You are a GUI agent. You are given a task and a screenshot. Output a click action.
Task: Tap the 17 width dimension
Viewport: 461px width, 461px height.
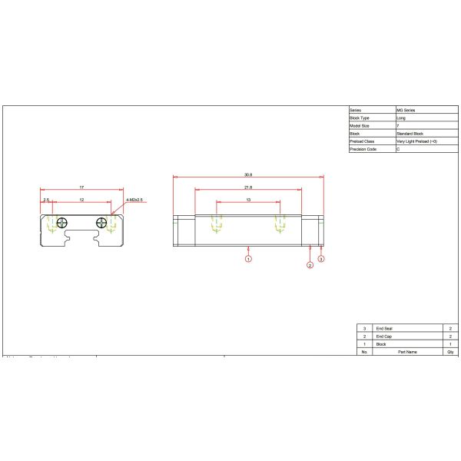81,187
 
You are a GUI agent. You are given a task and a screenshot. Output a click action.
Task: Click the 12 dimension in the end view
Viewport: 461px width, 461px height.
81,200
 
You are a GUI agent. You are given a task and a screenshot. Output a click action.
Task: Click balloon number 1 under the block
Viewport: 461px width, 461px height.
248,260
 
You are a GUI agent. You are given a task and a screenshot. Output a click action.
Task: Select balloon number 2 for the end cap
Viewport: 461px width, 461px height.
310,266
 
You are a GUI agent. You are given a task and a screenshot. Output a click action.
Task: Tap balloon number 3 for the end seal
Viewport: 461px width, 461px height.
321,260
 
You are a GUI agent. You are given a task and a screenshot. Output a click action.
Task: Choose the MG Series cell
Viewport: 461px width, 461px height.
405,111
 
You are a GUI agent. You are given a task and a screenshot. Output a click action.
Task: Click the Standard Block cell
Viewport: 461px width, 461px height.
409,134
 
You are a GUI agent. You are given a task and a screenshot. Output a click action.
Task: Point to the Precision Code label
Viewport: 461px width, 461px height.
364,149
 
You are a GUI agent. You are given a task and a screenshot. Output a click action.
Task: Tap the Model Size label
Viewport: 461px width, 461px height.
360,126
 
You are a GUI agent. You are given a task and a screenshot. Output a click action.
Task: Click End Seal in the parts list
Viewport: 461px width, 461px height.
384,329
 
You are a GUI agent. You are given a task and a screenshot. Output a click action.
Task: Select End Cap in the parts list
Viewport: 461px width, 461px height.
383,337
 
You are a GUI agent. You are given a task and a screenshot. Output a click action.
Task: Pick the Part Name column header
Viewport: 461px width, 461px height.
406,352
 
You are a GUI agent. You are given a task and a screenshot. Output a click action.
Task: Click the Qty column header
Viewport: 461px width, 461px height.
449,352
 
